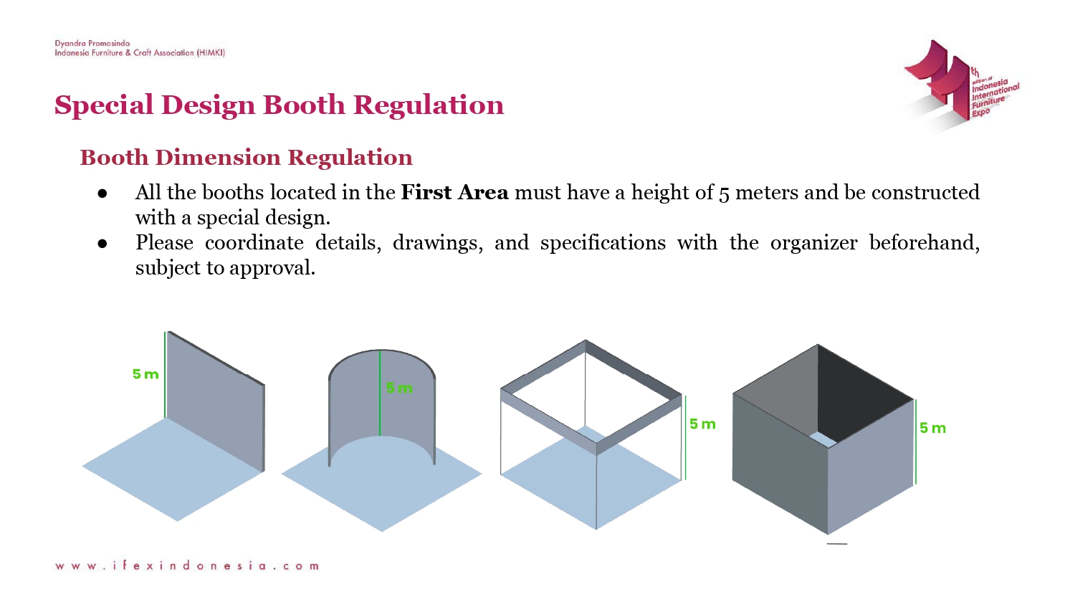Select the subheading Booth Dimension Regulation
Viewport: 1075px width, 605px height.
click(246, 158)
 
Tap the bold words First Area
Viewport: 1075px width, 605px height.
click(454, 193)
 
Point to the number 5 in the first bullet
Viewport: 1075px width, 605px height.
click(724, 194)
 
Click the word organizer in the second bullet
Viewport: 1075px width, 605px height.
click(813, 243)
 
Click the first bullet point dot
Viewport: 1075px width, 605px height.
click(102, 194)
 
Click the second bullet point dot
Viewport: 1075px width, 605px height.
click(102, 244)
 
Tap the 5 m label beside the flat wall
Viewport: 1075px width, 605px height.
click(145, 374)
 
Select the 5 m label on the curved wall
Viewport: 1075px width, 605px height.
click(399, 389)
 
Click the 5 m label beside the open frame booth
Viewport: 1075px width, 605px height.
click(702, 424)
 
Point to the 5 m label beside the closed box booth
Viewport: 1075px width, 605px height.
click(932, 428)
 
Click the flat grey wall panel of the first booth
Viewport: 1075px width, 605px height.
click(215, 401)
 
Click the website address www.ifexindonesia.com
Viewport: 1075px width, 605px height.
click(187, 566)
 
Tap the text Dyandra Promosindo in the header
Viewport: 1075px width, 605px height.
click(92, 44)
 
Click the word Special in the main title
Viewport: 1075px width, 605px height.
click(104, 105)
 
